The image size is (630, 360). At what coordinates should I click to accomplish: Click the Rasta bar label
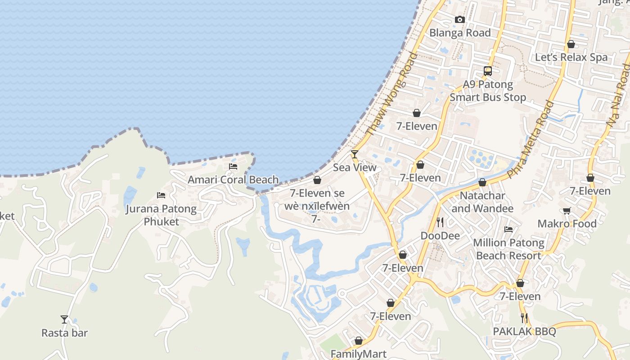click(64, 333)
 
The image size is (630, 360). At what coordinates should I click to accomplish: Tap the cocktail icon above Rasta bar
click(64, 319)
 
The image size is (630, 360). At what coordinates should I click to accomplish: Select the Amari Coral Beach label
click(233, 180)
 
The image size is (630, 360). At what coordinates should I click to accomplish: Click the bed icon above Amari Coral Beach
click(233, 166)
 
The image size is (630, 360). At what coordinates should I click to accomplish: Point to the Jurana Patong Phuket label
click(161, 215)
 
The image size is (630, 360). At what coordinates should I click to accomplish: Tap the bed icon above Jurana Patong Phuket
click(161, 195)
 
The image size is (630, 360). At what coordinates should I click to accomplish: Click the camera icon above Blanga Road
click(459, 19)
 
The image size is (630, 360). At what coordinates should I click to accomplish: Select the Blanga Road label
click(460, 33)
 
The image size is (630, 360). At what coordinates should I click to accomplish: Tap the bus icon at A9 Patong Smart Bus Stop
click(488, 71)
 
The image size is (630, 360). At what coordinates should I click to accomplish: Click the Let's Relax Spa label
click(571, 57)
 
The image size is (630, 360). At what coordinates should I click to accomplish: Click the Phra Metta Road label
click(530, 139)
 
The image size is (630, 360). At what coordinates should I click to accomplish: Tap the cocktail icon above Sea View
click(355, 154)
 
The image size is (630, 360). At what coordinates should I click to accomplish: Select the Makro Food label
click(567, 224)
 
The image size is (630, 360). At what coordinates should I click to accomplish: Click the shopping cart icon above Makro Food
click(567, 211)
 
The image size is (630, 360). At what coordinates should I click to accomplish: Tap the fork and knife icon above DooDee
click(440, 222)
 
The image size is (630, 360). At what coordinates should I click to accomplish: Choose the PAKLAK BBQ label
click(524, 332)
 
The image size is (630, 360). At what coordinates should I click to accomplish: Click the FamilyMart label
click(359, 354)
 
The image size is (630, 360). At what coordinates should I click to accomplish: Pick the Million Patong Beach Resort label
click(508, 249)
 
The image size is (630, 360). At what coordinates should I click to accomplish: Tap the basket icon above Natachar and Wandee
click(482, 182)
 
